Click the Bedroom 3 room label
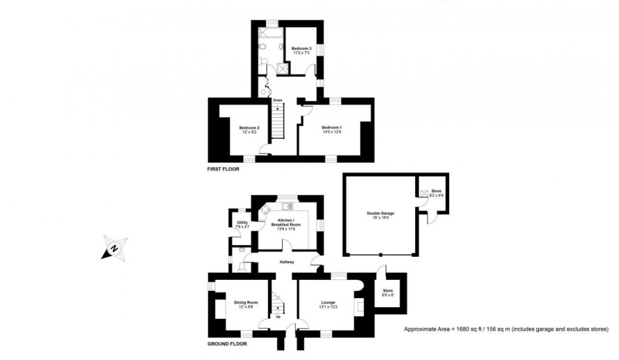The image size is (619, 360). point(301,49)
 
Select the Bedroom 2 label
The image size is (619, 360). point(249,127)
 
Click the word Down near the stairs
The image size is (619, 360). point(277,100)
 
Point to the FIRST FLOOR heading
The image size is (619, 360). point(223,170)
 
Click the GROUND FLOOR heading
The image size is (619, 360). point(227,343)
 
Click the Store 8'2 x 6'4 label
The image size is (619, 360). point(437,194)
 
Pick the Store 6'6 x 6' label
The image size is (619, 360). point(388,293)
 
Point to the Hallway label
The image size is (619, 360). point(286,262)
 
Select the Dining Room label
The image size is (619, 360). point(246,302)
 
